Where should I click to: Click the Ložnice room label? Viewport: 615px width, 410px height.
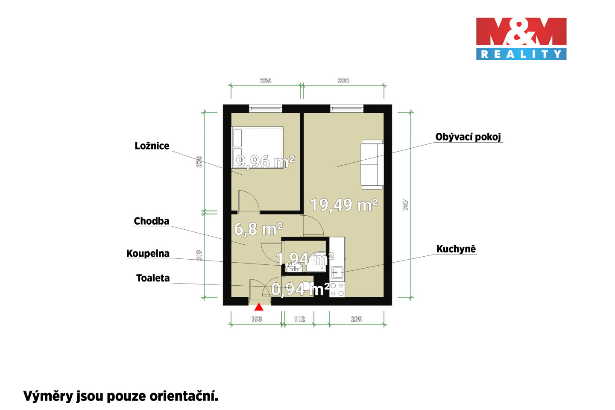tap(152, 146)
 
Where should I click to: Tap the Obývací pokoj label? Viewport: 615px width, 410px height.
tap(468, 137)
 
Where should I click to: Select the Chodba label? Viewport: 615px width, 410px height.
tap(151, 221)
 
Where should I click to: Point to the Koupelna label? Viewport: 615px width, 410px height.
tap(148, 253)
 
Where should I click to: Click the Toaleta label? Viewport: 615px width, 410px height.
tap(153, 278)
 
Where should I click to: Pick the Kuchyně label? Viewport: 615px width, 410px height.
tap(456, 249)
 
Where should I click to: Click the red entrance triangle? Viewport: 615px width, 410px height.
tap(259, 307)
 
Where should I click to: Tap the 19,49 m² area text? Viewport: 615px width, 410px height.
tap(344, 205)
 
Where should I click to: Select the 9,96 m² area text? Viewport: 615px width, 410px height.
tap(265, 161)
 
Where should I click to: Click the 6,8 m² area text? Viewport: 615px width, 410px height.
tap(258, 229)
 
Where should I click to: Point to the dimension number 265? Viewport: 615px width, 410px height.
tap(266, 80)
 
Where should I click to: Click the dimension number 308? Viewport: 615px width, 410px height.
tap(343, 80)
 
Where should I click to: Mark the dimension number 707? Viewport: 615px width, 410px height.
tap(406, 205)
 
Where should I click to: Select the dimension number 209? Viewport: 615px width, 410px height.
tap(356, 319)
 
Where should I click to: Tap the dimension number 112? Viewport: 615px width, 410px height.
tap(299, 319)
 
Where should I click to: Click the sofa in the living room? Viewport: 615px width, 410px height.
tap(372, 164)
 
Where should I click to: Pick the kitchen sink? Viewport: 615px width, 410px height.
tap(337, 272)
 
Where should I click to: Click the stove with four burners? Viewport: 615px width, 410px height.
tap(337, 290)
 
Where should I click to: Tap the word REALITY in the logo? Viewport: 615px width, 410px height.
tap(521, 54)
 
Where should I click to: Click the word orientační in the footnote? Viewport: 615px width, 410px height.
tap(184, 396)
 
